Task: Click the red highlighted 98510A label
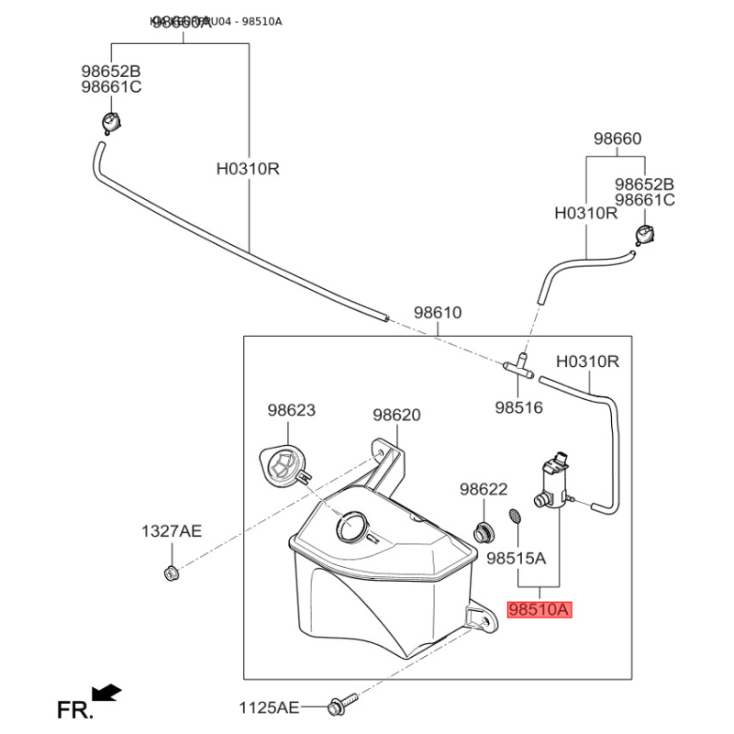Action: [x=539, y=609]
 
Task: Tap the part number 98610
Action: [x=437, y=313]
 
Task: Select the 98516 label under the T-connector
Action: [x=519, y=407]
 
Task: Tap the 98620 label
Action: [x=397, y=415]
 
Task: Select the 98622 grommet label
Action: [x=484, y=491]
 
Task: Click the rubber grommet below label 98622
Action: [x=482, y=531]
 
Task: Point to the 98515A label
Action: [x=516, y=557]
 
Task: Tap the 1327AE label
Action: [x=171, y=531]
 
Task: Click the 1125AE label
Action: [x=270, y=707]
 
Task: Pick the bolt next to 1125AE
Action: [x=339, y=706]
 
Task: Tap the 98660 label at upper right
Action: [x=617, y=139]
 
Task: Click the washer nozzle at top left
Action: [x=110, y=121]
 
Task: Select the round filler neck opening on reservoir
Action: [x=352, y=526]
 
